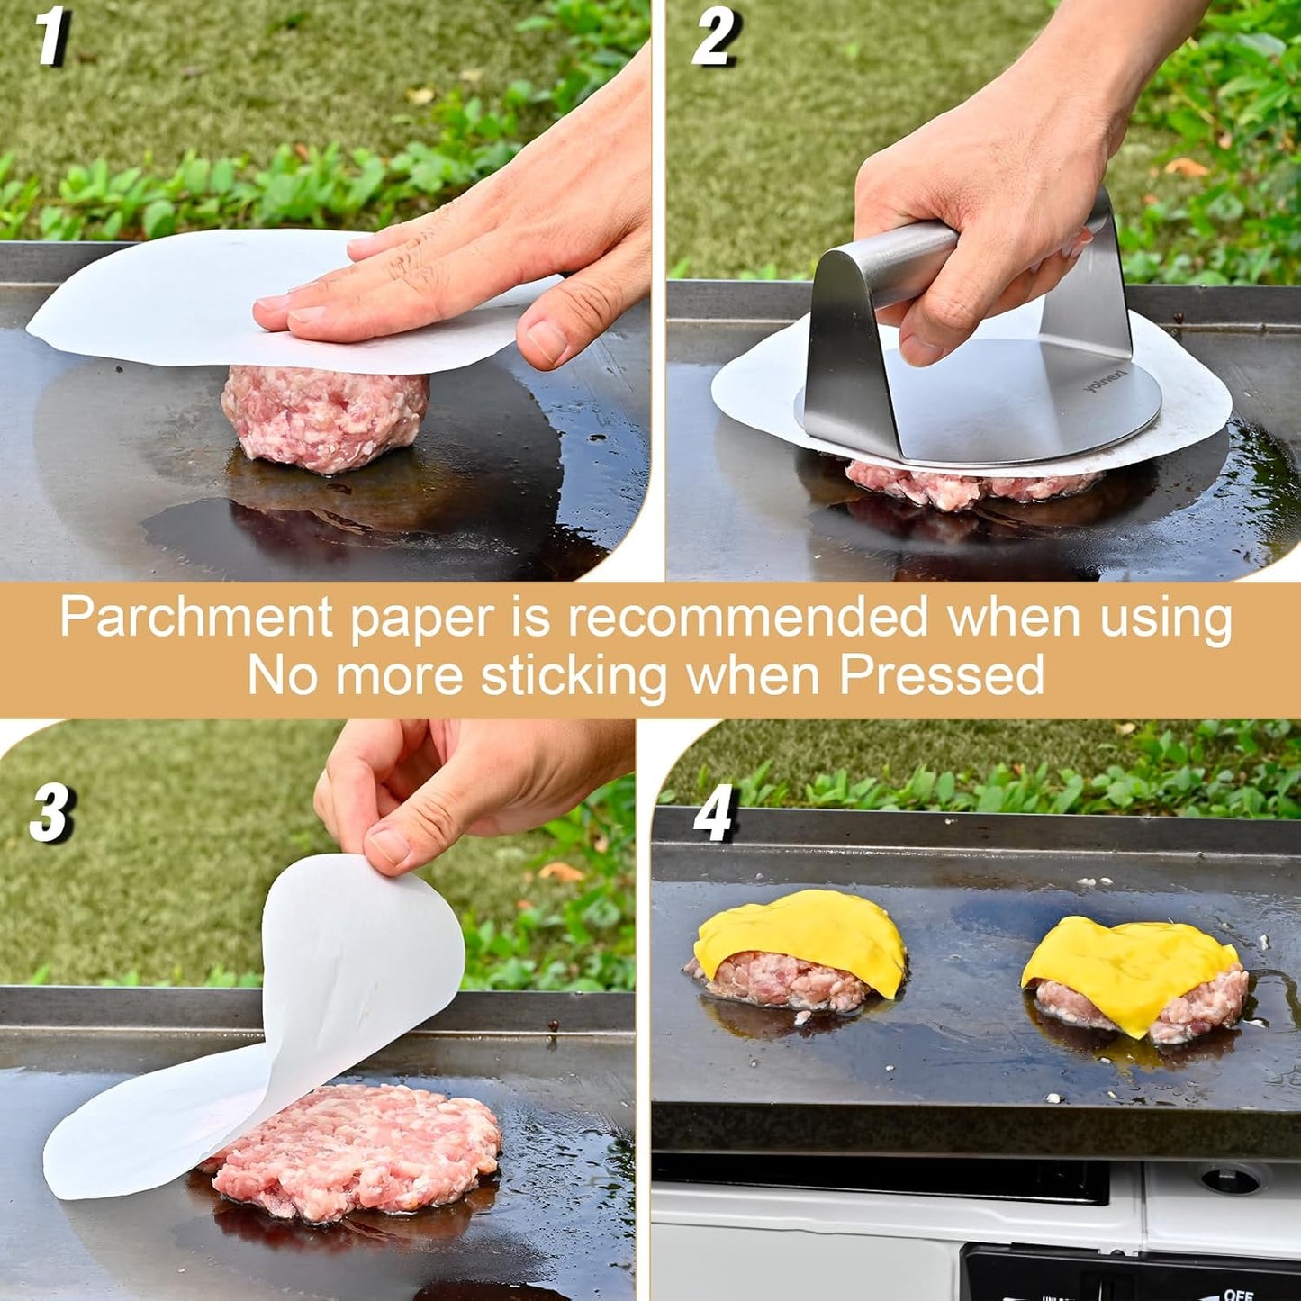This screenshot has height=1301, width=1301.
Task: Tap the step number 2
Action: click(x=715, y=38)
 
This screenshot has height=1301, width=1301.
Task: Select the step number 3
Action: click(x=50, y=812)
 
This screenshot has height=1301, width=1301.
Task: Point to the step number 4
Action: click(x=715, y=812)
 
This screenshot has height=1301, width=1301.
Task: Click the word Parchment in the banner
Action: click(x=196, y=619)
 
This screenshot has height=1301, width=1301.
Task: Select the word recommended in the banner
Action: click(x=747, y=618)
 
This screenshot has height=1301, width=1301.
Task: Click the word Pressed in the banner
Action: click(x=942, y=675)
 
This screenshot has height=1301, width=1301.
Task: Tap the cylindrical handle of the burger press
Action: click(x=900, y=257)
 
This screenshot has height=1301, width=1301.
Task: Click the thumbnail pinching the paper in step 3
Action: click(x=390, y=846)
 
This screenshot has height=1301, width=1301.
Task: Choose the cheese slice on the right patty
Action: click(x=1130, y=968)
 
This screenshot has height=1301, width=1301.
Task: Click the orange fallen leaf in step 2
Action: click(x=1186, y=167)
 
